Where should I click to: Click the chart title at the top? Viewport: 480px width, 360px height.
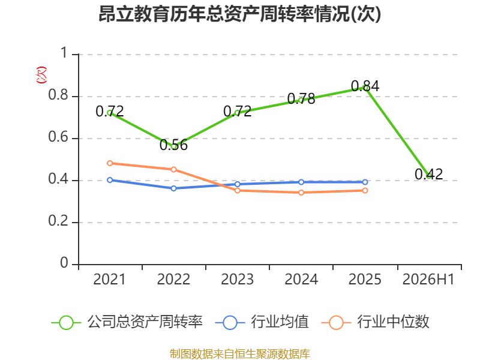coord(239,14)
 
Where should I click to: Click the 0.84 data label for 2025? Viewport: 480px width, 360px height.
coord(365,86)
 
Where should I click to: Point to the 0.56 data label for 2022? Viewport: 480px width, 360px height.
coord(173,145)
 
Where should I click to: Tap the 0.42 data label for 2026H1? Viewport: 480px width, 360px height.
coord(428,174)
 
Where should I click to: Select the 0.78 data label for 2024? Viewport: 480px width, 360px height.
coord(301,98)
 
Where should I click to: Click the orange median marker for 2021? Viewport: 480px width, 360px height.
coord(110,163)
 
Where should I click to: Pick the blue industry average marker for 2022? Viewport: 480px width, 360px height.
coord(173,188)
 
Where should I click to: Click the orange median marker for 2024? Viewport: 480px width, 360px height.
coord(301,193)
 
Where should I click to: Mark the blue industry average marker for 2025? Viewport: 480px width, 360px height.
coord(365,182)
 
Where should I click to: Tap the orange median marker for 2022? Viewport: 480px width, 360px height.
coord(173,169)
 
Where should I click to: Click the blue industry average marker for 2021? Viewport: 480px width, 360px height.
coord(110,180)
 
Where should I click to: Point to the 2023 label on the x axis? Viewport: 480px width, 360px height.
coord(237,279)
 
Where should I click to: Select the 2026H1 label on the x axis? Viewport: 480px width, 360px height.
coord(428,279)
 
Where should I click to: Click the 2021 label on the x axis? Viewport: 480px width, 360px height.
coord(110,279)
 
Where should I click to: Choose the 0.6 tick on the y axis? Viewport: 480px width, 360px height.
coord(58,137)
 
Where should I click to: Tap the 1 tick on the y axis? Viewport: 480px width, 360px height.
coord(64,53)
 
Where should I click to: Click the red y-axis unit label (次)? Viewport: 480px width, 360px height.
coord(41,75)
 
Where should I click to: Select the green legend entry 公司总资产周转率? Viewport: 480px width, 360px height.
coord(127,322)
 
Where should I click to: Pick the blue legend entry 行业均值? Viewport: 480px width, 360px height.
coord(262,322)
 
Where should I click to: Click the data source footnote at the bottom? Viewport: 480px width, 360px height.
coord(240,354)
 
